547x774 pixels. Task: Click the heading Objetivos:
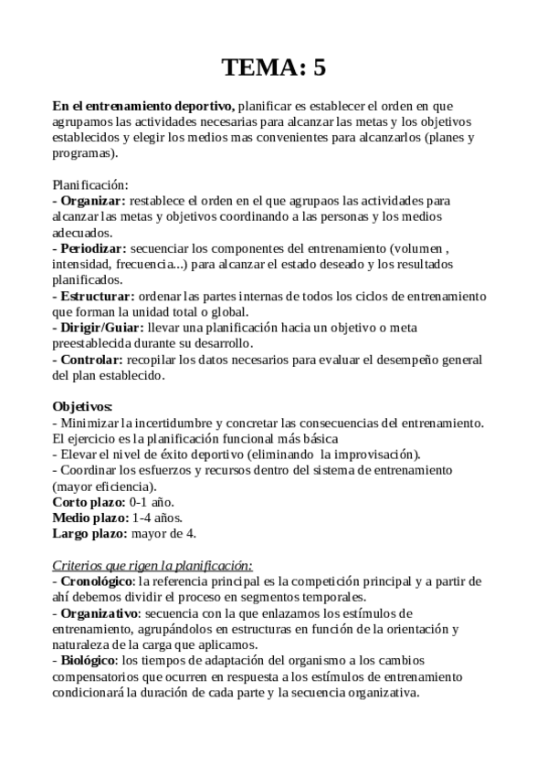83,406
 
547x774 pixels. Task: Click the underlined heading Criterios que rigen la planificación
153,565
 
